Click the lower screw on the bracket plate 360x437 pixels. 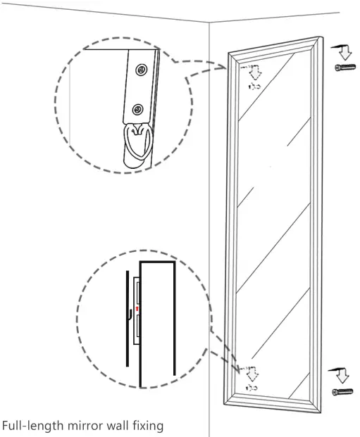coord(138,109)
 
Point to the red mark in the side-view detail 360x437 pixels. coord(137,309)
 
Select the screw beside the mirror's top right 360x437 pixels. coord(343,67)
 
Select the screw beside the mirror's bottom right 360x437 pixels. coord(343,391)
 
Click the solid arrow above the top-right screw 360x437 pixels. coord(343,51)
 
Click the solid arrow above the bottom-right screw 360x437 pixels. coord(342,373)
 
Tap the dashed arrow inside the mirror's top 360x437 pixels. coord(253,71)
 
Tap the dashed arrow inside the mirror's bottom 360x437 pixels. coord(251,372)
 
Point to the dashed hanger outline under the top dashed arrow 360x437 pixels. coord(253,86)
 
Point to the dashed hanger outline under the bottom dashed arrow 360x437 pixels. coord(251,387)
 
